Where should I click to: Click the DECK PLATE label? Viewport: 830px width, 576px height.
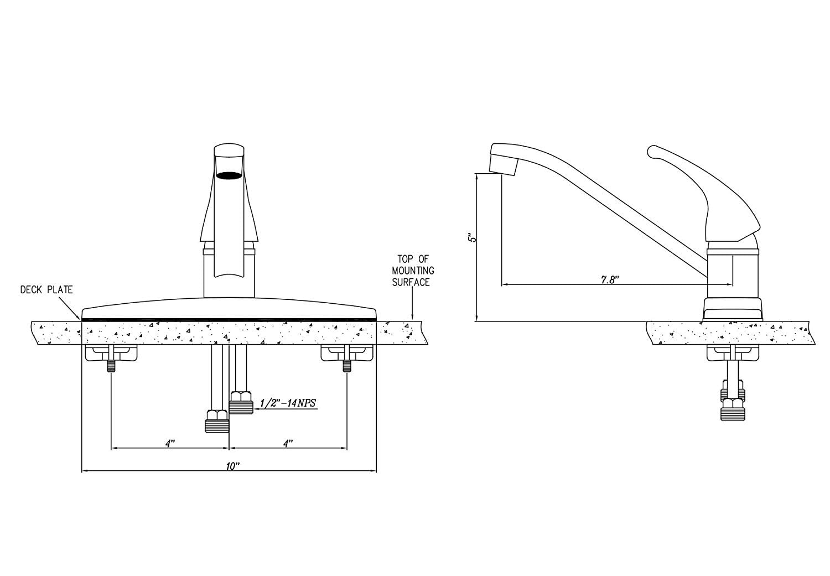point(46,289)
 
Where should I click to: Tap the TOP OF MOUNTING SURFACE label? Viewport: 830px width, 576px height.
point(411,271)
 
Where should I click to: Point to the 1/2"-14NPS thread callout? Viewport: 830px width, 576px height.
point(288,403)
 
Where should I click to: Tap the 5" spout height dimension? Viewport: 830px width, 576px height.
point(471,238)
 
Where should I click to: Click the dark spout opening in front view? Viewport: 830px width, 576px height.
point(229,175)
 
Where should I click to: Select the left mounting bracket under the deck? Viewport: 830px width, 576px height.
point(111,354)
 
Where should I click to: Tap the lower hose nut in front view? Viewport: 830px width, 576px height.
point(217,421)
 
